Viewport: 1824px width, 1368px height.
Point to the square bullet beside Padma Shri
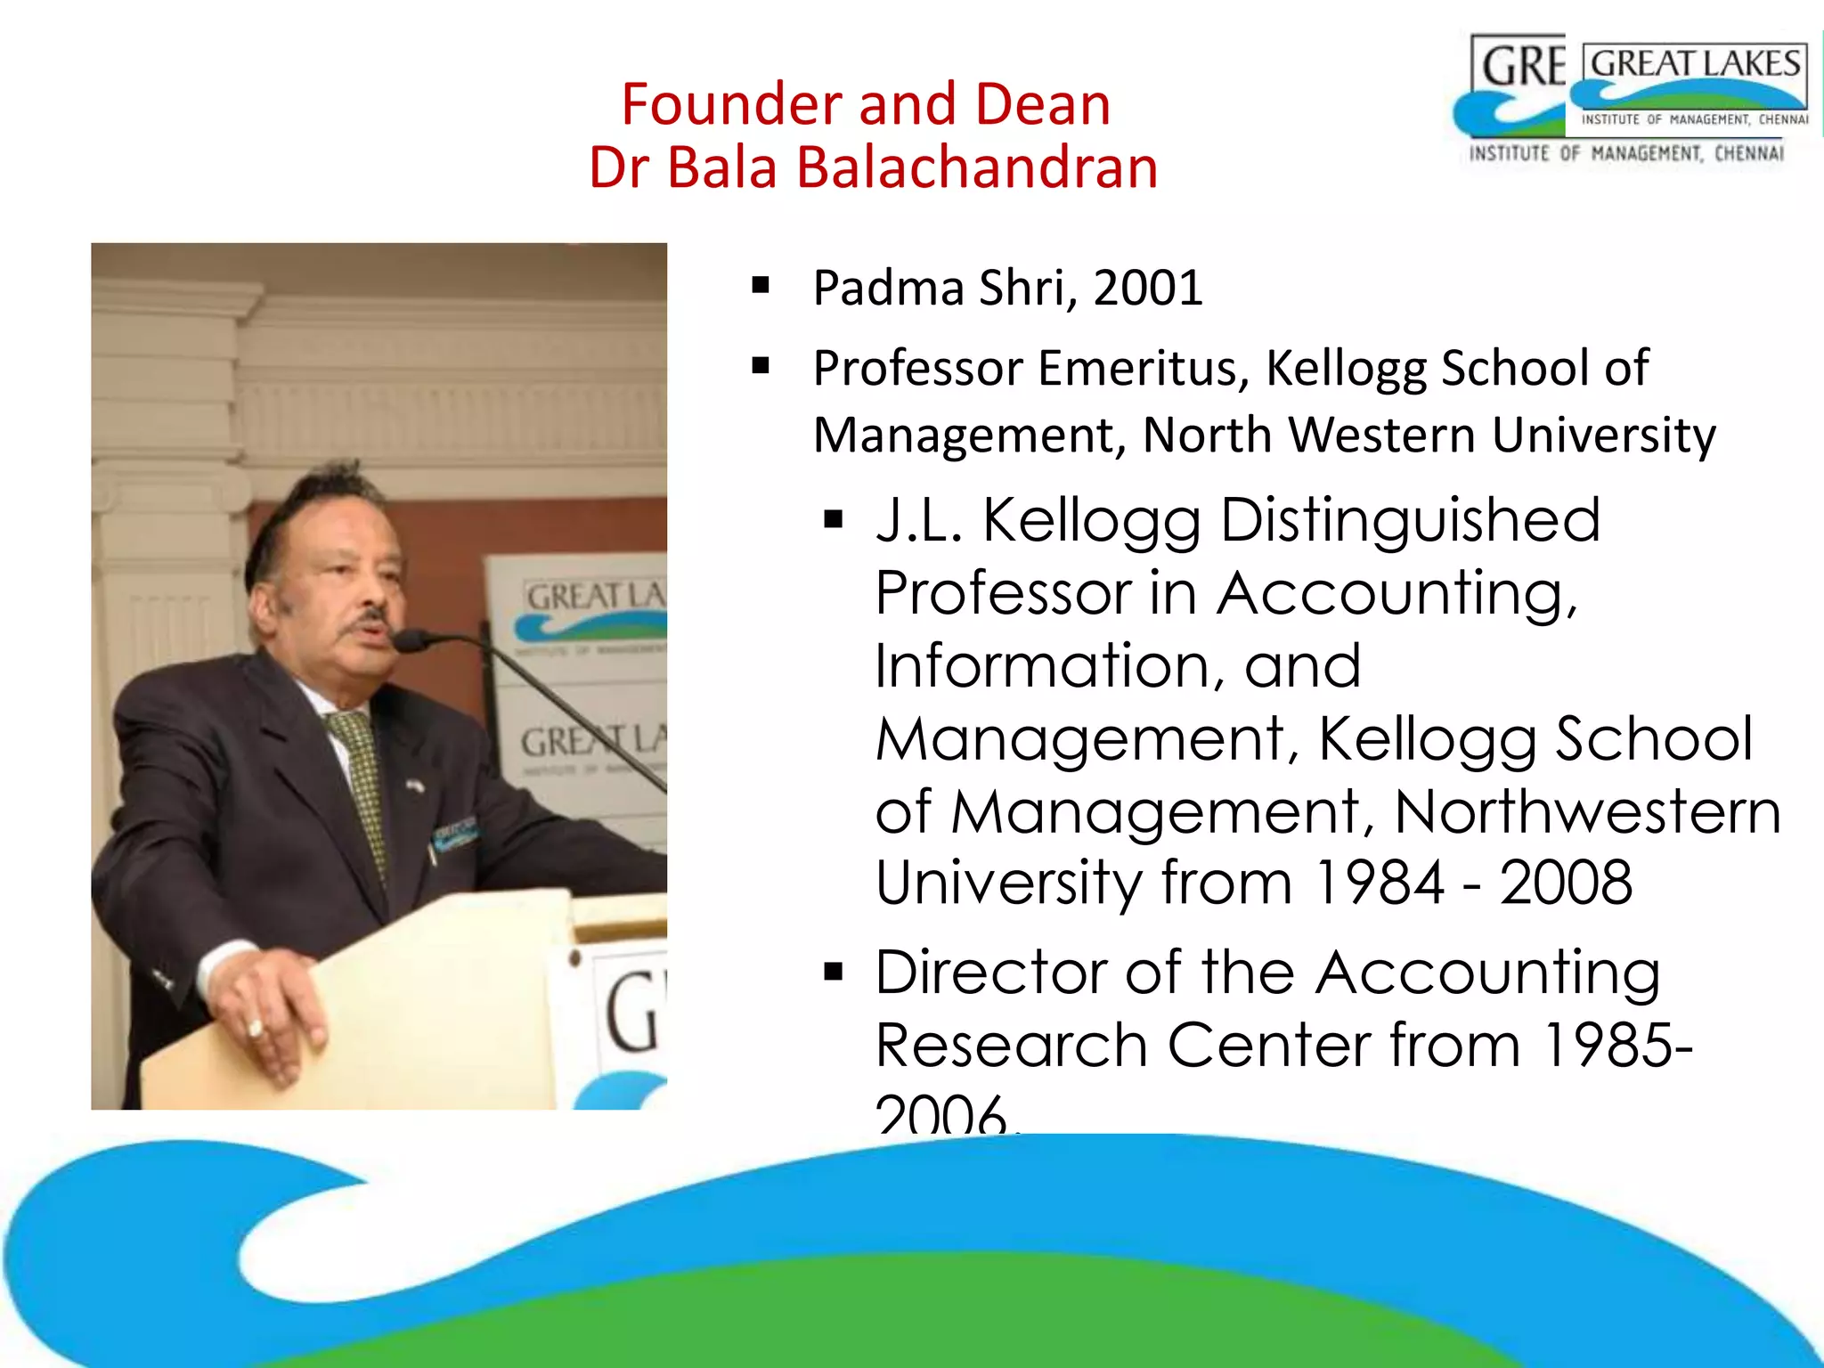tap(760, 286)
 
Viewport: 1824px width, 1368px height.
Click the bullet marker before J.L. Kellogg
tap(833, 520)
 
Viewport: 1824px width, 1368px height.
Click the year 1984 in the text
tap(1379, 883)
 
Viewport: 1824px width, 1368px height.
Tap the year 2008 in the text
tap(1565, 883)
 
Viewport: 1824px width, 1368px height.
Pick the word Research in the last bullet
tap(1010, 1046)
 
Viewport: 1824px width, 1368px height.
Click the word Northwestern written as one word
tap(1586, 812)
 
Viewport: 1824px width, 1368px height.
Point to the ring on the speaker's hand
tap(256, 1030)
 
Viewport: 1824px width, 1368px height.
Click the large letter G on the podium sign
tap(632, 1012)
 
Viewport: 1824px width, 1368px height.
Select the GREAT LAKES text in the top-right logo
tap(1694, 65)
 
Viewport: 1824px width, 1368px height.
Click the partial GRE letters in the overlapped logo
tap(1521, 67)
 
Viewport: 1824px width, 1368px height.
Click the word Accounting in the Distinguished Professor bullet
tap(1396, 593)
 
